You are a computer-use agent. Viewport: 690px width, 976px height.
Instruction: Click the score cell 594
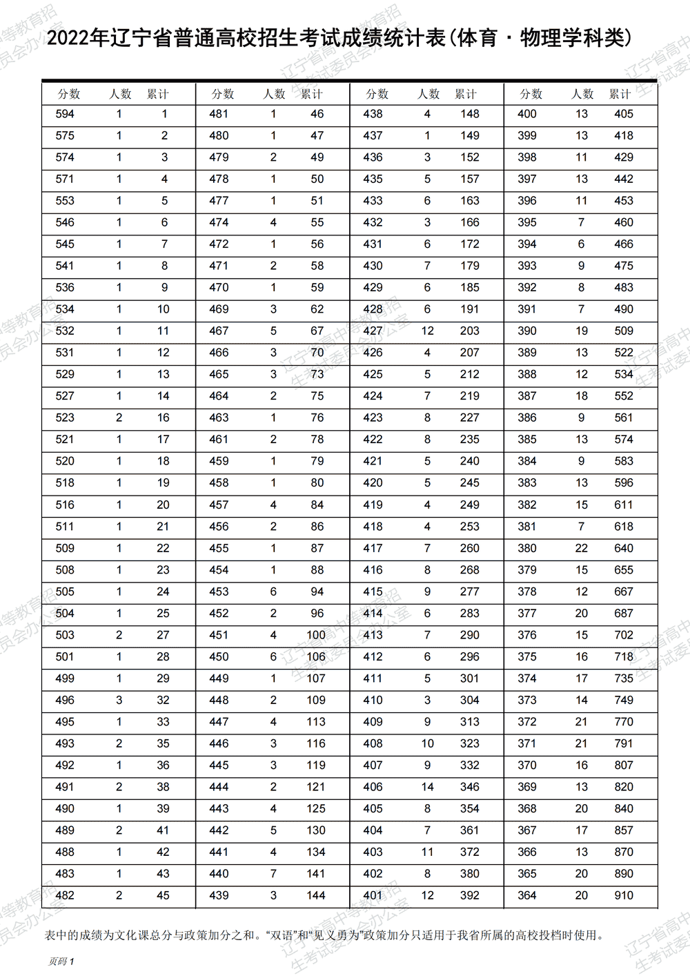tap(65, 115)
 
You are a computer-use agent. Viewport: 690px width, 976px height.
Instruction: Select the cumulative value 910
tap(624, 895)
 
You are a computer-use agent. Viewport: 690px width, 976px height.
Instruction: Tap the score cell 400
tap(527, 115)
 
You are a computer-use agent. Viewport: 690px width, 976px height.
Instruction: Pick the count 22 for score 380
tap(582, 548)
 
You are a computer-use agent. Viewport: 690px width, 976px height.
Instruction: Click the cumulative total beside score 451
tap(316, 635)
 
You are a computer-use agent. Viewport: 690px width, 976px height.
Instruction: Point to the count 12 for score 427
tap(428, 331)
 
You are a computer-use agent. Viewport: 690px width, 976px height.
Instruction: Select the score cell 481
tap(219, 115)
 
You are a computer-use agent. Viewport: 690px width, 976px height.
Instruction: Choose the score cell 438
tap(373, 115)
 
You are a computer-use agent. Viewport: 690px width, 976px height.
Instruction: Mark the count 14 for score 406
tap(428, 787)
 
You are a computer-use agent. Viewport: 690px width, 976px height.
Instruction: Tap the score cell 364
tap(527, 895)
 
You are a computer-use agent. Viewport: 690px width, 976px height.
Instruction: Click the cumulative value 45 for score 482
tap(163, 895)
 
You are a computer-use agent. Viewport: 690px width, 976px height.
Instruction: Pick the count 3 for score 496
tap(119, 700)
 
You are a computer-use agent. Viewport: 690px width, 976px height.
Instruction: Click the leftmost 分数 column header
tap(69, 95)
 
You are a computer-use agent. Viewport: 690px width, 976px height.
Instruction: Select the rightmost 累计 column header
tap(620, 95)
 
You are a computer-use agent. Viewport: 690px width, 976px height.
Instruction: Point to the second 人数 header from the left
tap(274, 95)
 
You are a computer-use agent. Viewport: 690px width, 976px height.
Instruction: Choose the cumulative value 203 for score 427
tap(470, 331)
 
